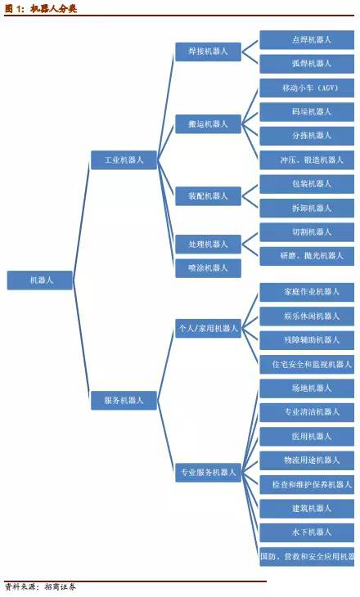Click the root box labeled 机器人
[40, 281]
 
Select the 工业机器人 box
[124, 160]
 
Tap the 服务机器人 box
[124, 400]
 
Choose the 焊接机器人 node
[208, 52]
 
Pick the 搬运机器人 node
[208, 123]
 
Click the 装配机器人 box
[208, 196]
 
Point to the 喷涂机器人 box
[208, 268]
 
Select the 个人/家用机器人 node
[208, 328]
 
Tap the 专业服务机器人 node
[208, 473]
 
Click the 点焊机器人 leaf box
[307, 39]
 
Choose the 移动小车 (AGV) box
[307, 88]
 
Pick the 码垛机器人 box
[307, 112]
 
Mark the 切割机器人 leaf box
[307, 232]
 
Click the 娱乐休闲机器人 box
[307, 316]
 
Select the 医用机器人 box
[307, 437]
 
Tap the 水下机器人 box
[307, 532]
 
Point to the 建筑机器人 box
[307, 509]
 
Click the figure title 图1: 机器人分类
[41, 8]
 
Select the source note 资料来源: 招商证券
[40, 586]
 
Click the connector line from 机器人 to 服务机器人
[82, 340]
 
